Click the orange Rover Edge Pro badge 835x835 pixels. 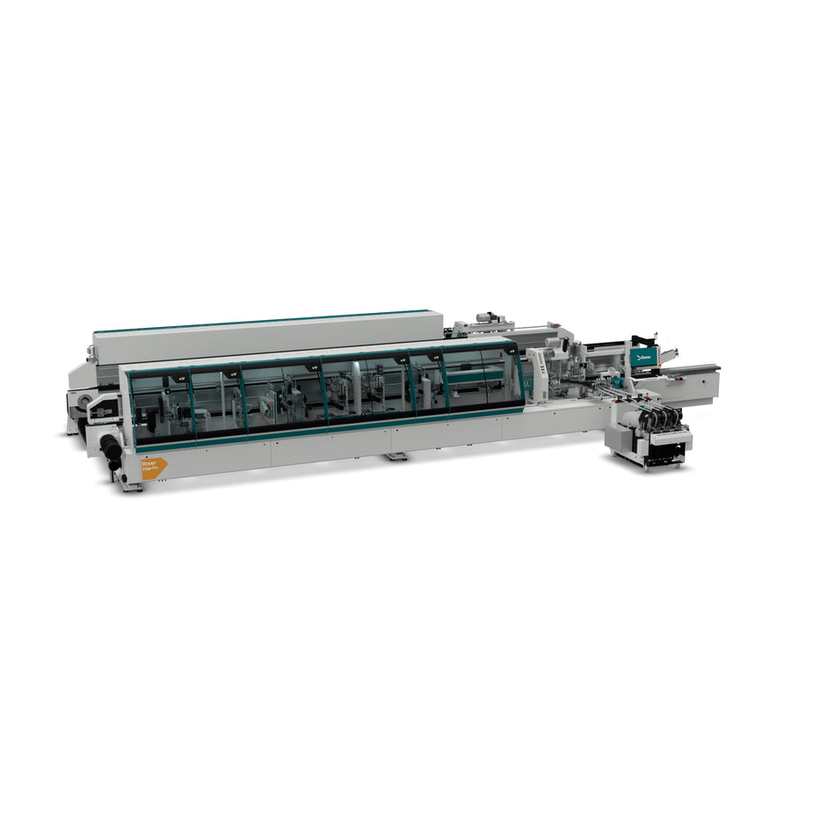pyautogui.click(x=152, y=467)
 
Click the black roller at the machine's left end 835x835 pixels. pyautogui.click(x=112, y=451)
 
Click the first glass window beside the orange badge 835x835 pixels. pyautogui.click(x=161, y=405)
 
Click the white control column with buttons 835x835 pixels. pyautogui.click(x=537, y=374)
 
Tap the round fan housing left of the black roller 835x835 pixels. pyautogui.click(x=83, y=404)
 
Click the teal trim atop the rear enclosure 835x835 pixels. pyautogui.click(x=264, y=320)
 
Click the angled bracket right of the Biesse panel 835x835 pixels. pyautogui.click(x=668, y=355)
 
